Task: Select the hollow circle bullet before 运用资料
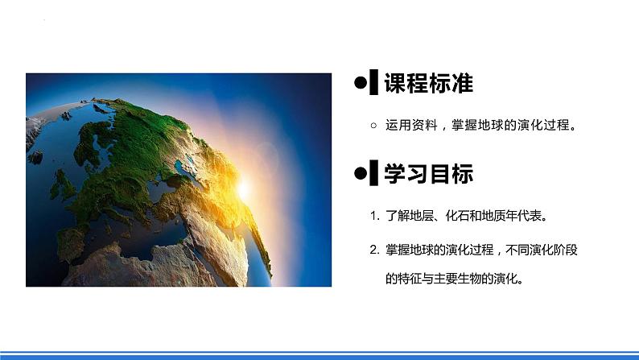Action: (372, 126)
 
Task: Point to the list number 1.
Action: (374, 217)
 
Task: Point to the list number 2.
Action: (374, 250)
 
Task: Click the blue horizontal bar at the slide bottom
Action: (319, 354)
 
